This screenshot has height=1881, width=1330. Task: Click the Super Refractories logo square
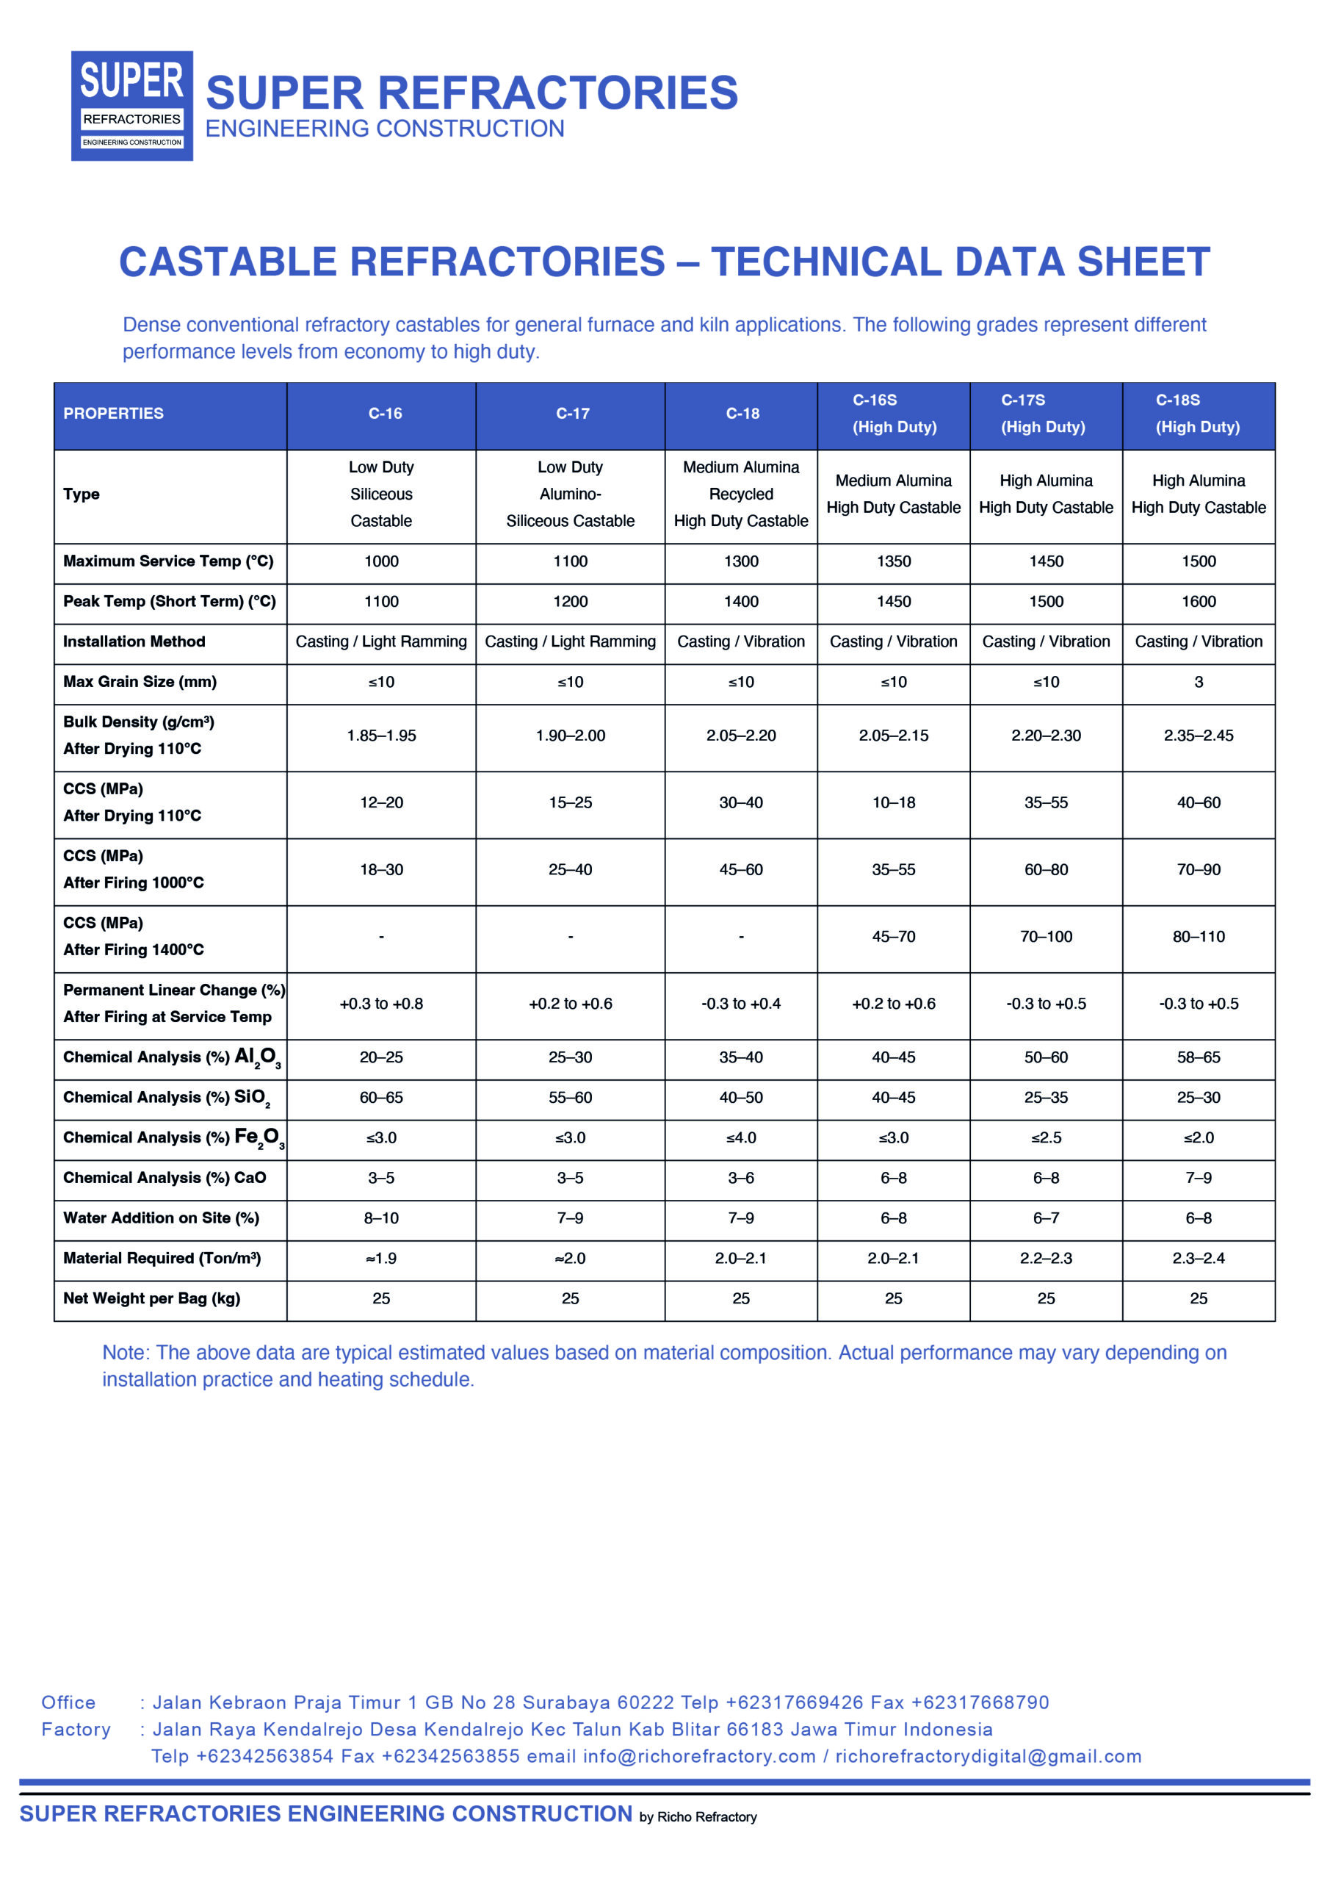[x=132, y=106]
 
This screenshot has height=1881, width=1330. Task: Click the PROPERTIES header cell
[x=114, y=414]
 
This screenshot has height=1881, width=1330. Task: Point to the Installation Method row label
[x=134, y=641]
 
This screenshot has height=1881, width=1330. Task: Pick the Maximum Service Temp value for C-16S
[x=894, y=561]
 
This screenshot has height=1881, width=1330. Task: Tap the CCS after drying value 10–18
[x=894, y=803]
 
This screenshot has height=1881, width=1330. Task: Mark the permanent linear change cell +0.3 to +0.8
[x=382, y=1004]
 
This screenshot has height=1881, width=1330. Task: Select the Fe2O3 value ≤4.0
[x=741, y=1138]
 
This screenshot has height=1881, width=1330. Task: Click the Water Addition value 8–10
[x=382, y=1218]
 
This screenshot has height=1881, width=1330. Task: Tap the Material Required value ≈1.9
[x=382, y=1259]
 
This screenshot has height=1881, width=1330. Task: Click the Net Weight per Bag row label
[x=151, y=1298]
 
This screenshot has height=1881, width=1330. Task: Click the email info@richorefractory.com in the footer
[x=699, y=1757]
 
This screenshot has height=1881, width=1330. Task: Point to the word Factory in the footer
[x=76, y=1730]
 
